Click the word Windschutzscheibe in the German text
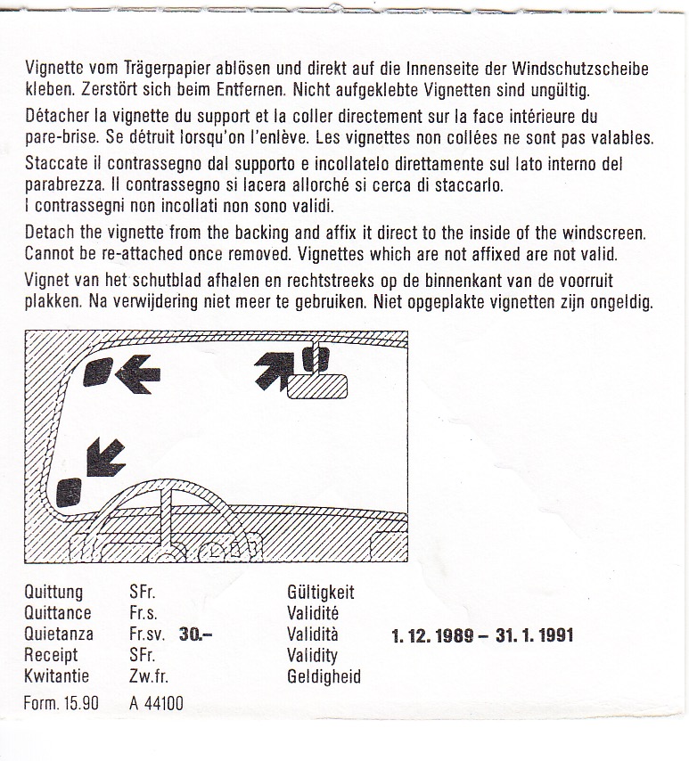point(580,69)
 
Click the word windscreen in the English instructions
point(604,233)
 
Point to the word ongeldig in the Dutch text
point(621,302)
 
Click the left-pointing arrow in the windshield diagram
point(138,374)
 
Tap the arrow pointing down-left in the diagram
point(105,457)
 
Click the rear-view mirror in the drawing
point(317,387)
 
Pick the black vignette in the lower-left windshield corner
point(70,493)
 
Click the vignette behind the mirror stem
point(316,359)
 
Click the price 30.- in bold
point(196,634)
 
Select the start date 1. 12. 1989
point(432,635)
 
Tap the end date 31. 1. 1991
point(535,635)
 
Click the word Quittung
point(53,593)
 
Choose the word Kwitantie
point(57,676)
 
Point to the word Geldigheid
point(324,676)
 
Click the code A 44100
point(156,703)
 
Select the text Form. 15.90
point(62,703)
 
